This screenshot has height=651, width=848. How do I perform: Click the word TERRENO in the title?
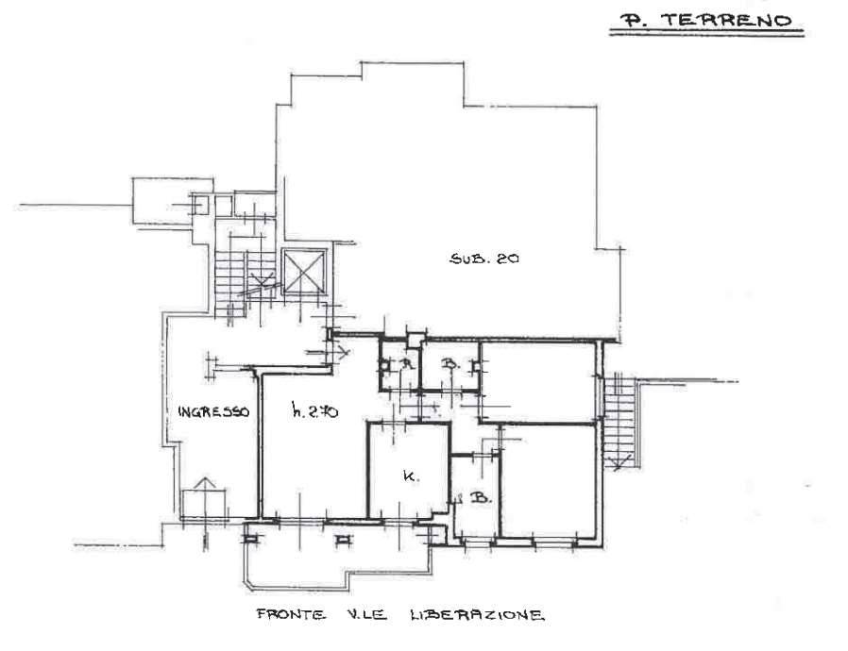pos(727,21)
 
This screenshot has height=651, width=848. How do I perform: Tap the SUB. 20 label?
pos(484,259)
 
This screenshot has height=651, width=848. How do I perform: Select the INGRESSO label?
pos(213,411)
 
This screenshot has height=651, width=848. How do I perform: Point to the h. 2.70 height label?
pos(314,411)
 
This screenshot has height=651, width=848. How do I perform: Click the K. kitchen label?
pos(412,476)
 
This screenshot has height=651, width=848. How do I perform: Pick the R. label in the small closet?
pos(407,364)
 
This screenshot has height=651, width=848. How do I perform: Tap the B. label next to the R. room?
pos(449,365)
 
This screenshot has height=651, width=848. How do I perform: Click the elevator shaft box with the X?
pos(304,271)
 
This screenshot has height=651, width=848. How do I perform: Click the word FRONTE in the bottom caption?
pos(291,614)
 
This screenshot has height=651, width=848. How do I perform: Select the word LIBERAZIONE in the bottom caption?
pos(477,615)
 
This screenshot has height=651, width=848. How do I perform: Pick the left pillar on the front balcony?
pos(249,539)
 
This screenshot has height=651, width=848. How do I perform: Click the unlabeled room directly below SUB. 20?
pos(538,381)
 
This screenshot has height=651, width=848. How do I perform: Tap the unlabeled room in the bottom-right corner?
pos(549,481)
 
